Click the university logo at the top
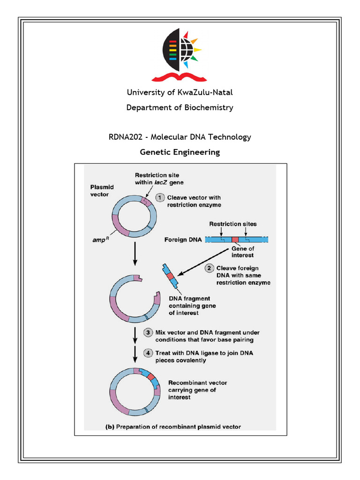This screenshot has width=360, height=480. coord(180,54)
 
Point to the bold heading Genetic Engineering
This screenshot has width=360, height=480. coord(180,152)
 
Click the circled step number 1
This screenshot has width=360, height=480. coord(160,198)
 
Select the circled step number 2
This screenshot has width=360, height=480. coord(210,269)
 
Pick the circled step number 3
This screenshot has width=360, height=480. coord(148,332)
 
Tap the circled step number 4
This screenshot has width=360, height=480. coord(148,353)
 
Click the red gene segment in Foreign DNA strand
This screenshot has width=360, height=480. coord(235,240)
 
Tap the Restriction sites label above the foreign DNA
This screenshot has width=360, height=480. coord(232,224)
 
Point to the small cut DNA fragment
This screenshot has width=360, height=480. coord(170,277)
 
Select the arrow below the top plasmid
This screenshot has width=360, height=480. coord(135,253)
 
